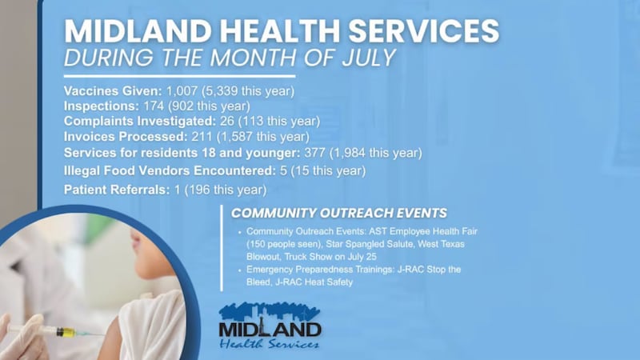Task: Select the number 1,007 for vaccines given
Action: pos(182,91)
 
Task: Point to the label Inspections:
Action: pos(102,106)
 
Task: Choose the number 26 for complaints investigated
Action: pos(227,122)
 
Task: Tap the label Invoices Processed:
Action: pos(126,136)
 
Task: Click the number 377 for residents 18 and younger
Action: pos(314,153)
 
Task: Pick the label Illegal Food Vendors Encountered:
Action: pos(170,170)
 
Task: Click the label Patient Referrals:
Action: pos(117,190)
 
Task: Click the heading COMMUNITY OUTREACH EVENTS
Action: pos(339,213)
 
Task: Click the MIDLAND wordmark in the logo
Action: pos(270,330)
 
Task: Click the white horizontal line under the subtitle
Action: pos(179,76)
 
